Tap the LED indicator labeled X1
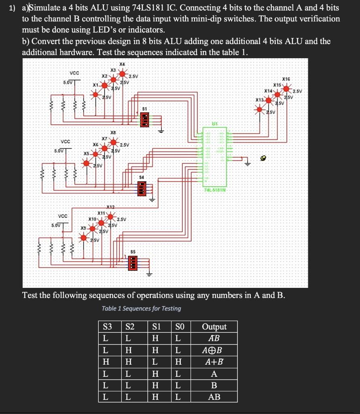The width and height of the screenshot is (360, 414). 96,94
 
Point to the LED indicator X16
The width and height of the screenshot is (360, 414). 286,88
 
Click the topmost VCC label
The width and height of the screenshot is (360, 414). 74,73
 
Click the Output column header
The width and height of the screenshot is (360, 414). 214,327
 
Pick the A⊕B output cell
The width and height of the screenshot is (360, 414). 214,350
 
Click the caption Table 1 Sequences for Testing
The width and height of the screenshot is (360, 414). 141,308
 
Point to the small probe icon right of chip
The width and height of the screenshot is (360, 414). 264,159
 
